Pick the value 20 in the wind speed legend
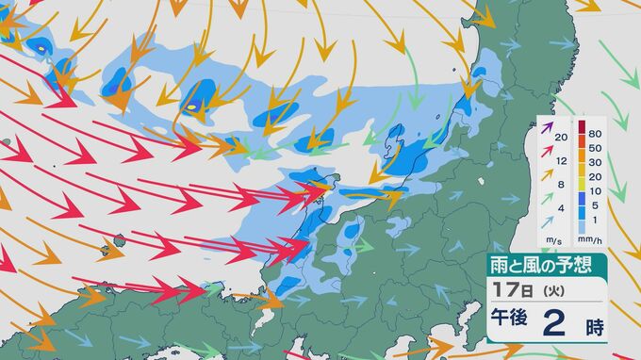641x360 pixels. click(x=561, y=138)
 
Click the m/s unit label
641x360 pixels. click(x=550, y=241)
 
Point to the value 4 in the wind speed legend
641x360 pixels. click(x=562, y=207)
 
